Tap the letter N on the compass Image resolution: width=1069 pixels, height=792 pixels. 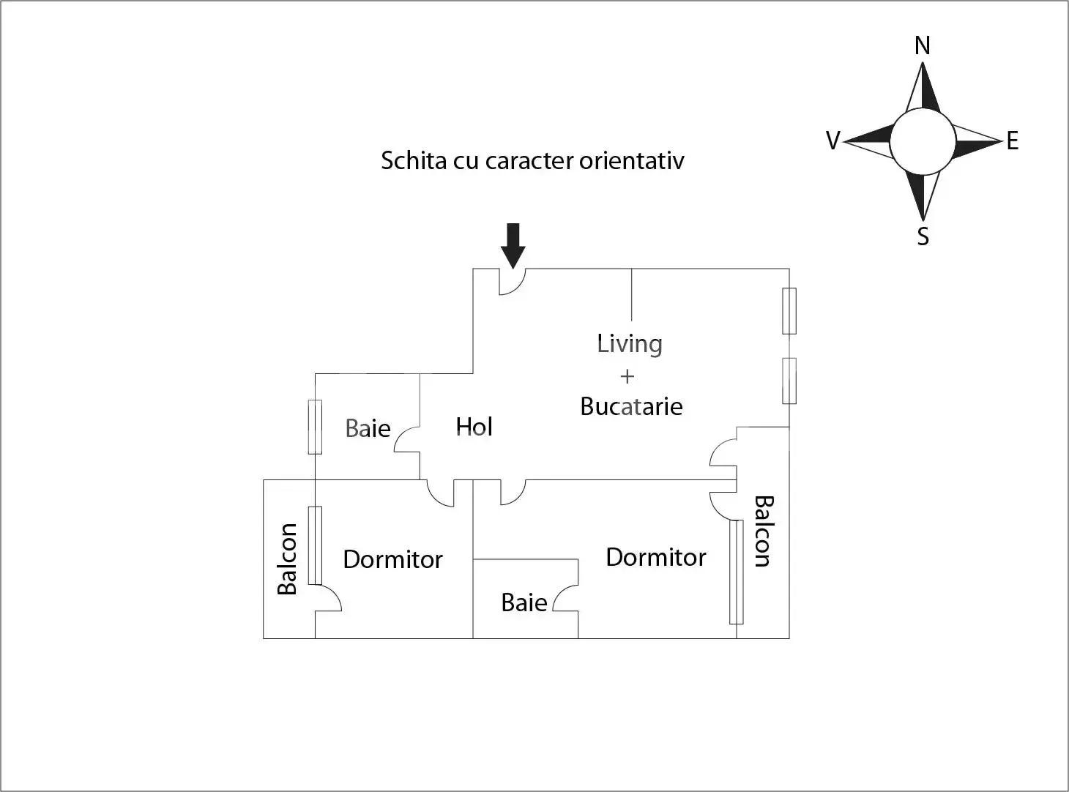point(923,46)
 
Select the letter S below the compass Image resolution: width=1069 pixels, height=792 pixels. point(923,236)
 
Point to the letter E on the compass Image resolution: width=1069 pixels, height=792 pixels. point(1013,141)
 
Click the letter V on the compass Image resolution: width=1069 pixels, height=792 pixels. point(833,141)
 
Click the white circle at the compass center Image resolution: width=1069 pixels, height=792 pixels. point(923,141)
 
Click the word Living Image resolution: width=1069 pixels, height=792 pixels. point(630,344)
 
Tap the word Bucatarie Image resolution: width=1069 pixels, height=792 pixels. point(631,406)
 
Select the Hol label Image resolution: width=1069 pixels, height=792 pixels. point(474,427)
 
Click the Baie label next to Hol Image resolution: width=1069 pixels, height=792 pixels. point(368,428)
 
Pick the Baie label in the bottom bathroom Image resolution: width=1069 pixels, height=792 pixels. point(524,602)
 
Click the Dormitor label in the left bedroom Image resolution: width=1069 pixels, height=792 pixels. point(392,559)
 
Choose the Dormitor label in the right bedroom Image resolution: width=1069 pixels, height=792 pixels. point(655,557)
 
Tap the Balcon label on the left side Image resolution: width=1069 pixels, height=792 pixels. point(287,558)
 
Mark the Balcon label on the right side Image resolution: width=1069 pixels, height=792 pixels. point(763,531)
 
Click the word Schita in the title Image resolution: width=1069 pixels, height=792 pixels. point(414,160)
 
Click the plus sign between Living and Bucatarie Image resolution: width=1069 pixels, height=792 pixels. point(627,376)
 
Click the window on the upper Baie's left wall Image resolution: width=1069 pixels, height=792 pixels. point(315,427)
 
